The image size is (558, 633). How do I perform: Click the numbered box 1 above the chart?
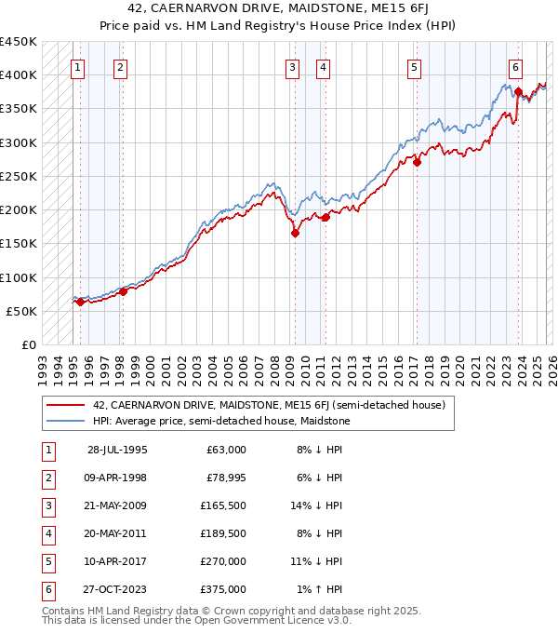pos(77,67)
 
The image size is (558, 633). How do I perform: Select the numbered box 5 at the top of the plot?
pos(413,67)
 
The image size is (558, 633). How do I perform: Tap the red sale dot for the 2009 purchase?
pos(295,234)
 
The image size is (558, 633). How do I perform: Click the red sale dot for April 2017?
pos(417,162)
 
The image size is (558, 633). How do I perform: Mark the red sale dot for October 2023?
pos(518,92)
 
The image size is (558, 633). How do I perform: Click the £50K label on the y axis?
pos(21,311)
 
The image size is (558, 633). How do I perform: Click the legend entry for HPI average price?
pos(220,421)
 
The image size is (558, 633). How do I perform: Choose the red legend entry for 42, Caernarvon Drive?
pos(269,405)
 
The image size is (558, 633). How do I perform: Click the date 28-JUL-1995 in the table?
pos(117,450)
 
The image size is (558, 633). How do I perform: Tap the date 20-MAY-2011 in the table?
pos(117,533)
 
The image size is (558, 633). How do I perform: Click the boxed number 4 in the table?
pos(46,533)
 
